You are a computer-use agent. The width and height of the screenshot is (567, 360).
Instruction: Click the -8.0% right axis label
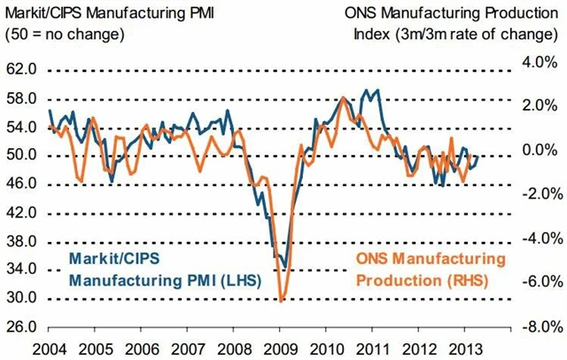[539, 326]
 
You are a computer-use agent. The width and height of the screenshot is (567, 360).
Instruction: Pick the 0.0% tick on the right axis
[541, 151]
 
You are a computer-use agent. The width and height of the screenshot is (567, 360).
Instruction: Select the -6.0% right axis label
[539, 283]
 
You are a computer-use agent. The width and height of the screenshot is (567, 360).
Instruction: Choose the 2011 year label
[374, 348]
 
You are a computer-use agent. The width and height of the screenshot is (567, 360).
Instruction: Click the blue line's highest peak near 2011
[379, 90]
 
